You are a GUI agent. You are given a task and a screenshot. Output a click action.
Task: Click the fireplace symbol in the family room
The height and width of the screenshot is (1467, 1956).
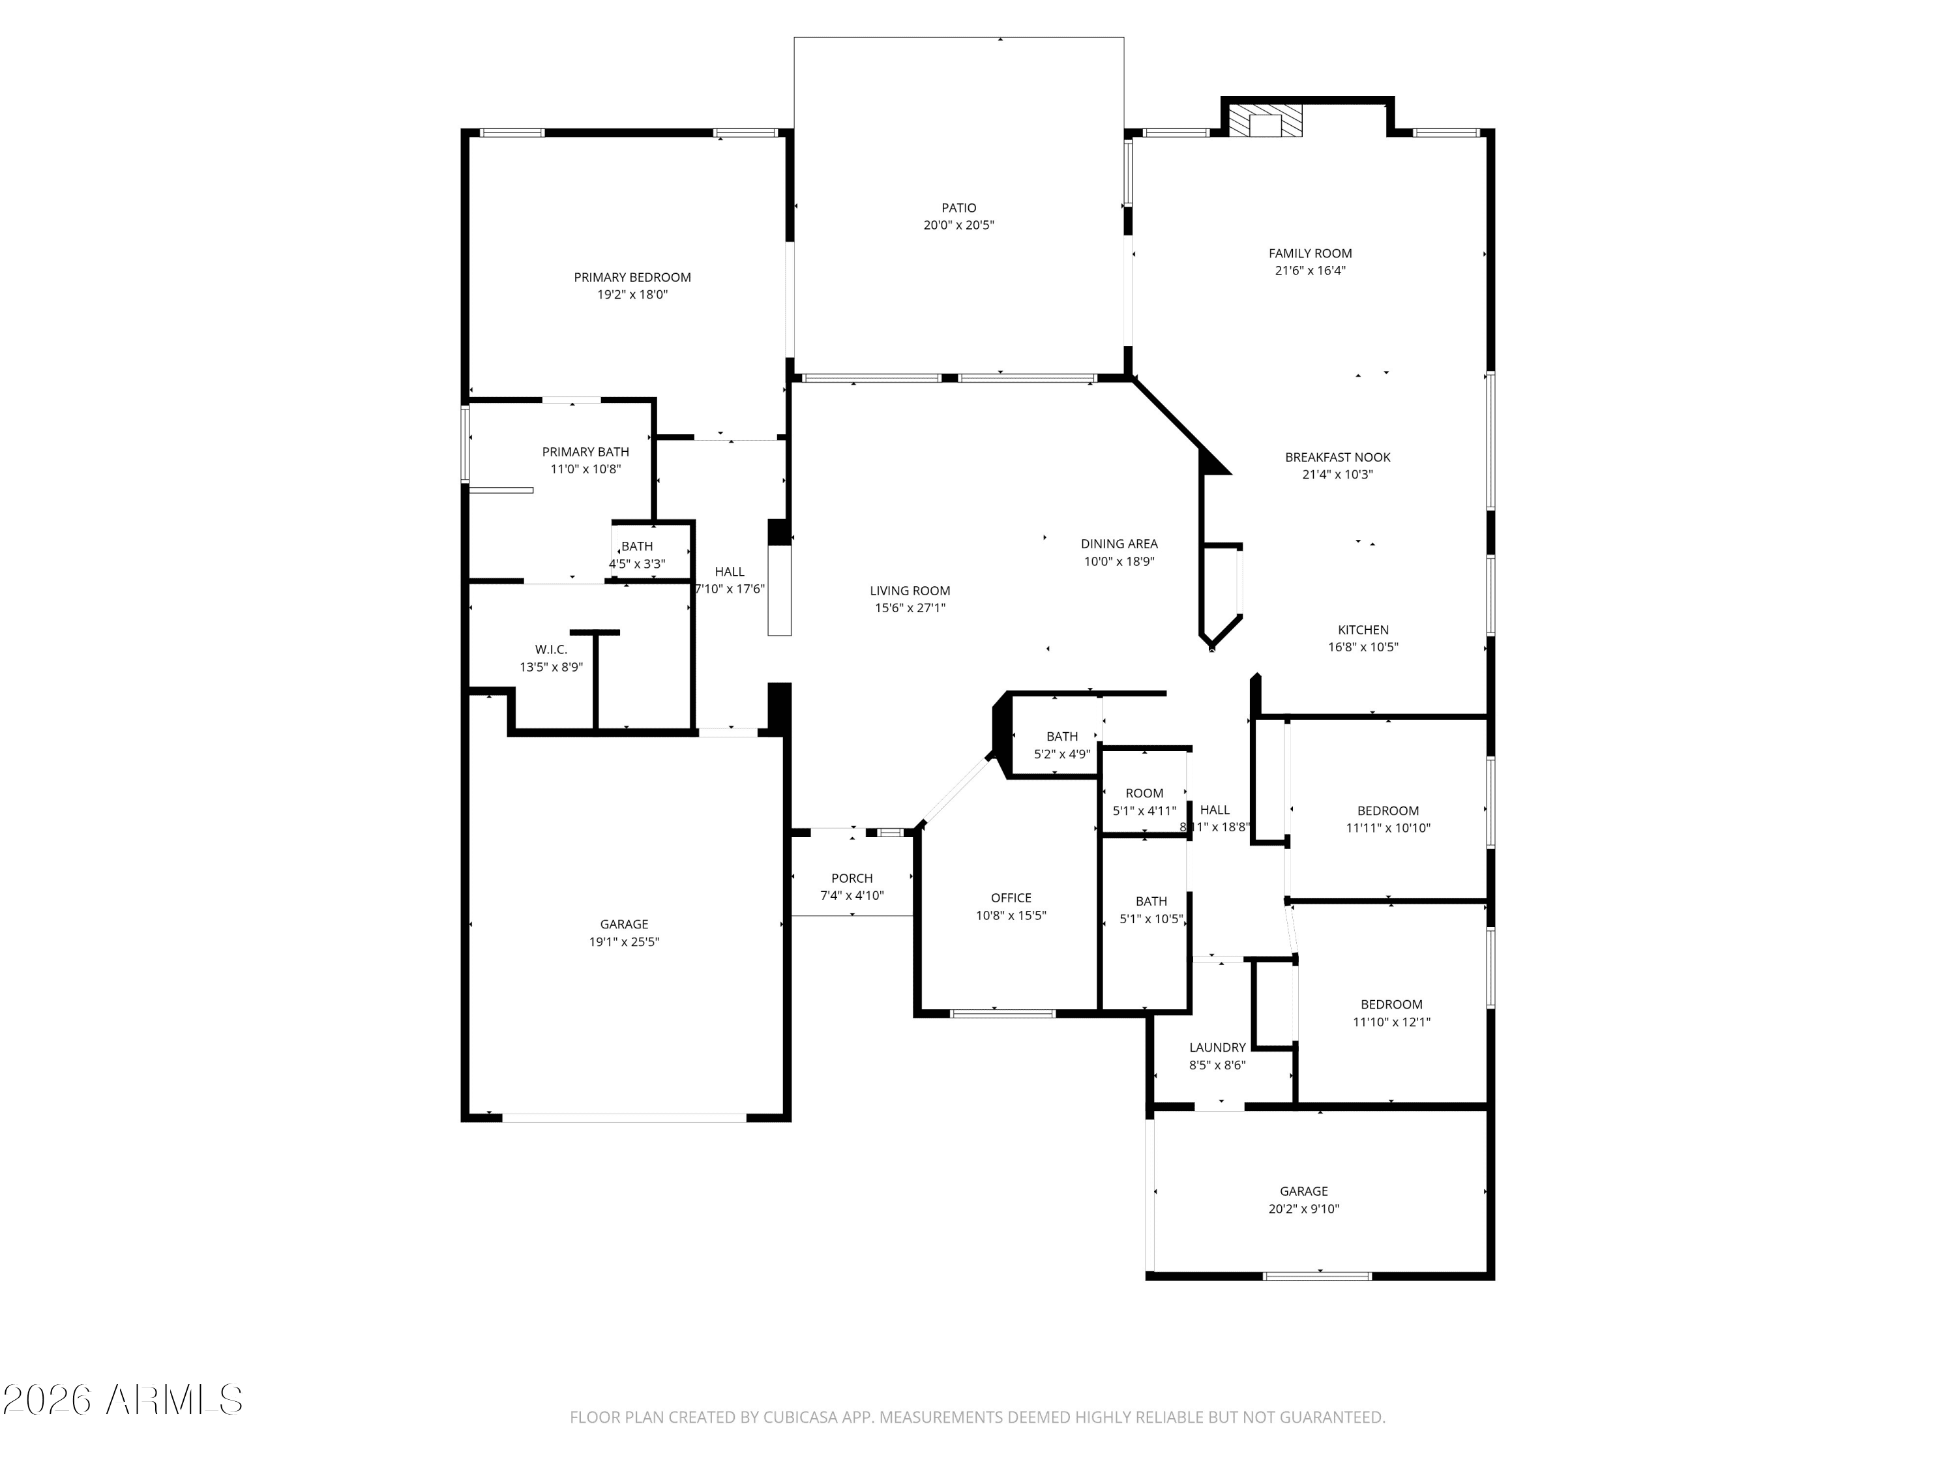point(1266,121)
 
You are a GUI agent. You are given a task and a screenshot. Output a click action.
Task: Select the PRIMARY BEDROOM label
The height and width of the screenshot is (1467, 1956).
point(632,278)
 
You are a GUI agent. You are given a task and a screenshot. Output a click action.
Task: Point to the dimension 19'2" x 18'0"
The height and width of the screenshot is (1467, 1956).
point(632,295)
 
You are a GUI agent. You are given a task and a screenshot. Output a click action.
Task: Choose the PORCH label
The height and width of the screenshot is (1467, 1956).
point(852,878)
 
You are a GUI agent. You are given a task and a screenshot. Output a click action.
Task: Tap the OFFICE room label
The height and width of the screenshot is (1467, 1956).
point(1011,898)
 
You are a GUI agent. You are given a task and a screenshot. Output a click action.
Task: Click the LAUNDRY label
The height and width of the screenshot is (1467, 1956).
point(1218,1048)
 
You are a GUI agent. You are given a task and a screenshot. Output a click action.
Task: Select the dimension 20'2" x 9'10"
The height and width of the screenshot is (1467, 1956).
point(1303,1209)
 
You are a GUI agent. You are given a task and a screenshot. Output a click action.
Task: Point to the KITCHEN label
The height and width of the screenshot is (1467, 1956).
point(1363,630)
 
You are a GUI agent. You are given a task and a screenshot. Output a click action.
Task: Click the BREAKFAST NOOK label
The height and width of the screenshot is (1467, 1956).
point(1337,457)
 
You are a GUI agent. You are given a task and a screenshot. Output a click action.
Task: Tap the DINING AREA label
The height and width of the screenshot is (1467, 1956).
point(1119,544)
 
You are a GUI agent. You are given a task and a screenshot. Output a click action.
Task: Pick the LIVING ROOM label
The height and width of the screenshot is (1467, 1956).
point(910,591)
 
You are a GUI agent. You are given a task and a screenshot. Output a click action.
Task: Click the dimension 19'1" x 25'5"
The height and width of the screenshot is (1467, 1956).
point(625,941)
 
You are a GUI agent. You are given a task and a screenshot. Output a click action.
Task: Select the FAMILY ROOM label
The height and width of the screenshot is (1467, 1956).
point(1310,254)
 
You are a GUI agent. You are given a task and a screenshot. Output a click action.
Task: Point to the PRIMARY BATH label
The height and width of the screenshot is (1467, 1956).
point(585,452)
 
